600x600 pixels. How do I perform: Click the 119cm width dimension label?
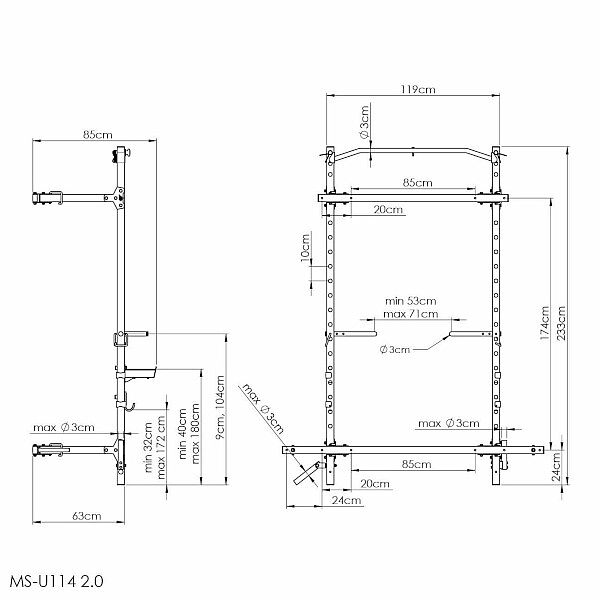point(418,90)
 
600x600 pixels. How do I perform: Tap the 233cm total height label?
point(561,323)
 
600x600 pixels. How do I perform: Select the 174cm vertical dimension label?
point(544,323)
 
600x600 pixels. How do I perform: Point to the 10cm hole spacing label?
point(305,248)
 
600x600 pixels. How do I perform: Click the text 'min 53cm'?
point(411,301)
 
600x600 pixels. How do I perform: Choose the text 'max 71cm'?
point(411,314)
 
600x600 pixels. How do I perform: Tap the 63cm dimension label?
point(87,516)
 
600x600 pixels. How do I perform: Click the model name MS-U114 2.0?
point(57,581)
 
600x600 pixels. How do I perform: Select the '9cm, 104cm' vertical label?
point(220,407)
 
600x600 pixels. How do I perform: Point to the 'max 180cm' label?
point(196,433)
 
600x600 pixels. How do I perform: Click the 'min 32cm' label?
point(148,447)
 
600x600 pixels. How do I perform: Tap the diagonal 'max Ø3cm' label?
point(263,409)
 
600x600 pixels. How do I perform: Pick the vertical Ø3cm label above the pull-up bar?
point(364,122)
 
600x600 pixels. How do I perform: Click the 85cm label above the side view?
point(98,135)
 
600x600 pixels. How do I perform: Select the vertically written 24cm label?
point(557,466)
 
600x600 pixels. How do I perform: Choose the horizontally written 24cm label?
point(346,500)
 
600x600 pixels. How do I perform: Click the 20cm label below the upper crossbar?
point(388,210)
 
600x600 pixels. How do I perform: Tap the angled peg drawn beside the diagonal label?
point(307,474)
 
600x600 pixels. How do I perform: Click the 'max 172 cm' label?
point(161,448)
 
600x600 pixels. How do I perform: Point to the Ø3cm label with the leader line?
point(395,349)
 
